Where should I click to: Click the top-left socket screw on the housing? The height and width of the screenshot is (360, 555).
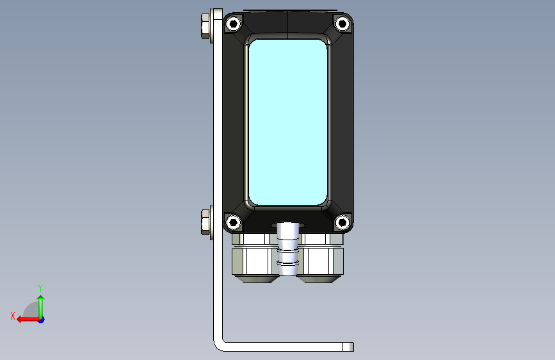pyautogui.click(x=233, y=24)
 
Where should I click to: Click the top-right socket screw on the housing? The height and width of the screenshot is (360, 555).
pyautogui.click(x=342, y=24)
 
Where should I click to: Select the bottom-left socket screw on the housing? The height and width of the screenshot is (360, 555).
pyautogui.click(x=233, y=222)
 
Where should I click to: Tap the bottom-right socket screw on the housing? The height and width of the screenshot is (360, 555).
pyautogui.click(x=342, y=222)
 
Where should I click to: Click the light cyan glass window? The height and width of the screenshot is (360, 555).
pyautogui.click(x=288, y=122)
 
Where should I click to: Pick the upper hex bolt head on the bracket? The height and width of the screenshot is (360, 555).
pyautogui.click(x=205, y=26)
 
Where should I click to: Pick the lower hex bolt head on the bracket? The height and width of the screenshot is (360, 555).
pyautogui.click(x=205, y=222)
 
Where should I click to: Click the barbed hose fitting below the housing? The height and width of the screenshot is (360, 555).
pyautogui.click(x=287, y=249)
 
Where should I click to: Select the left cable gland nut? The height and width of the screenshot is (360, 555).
pyautogui.click(x=254, y=261)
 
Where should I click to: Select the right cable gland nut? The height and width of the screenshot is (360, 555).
pyautogui.click(x=321, y=261)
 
